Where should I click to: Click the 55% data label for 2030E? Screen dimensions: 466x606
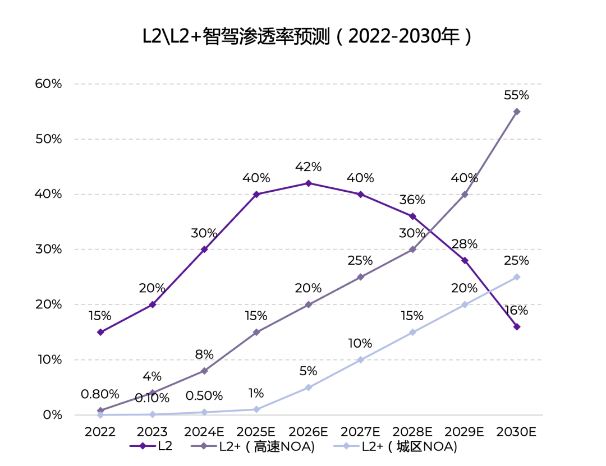click(516, 95)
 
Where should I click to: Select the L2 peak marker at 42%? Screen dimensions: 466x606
click(308, 183)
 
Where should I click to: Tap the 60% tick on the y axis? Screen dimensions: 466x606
click(48, 84)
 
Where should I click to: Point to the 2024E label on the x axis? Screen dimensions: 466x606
click(204, 432)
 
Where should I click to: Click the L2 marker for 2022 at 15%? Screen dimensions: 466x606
click(100, 332)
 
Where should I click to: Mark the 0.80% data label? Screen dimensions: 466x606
click(100, 394)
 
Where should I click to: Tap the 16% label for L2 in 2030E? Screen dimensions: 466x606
click(516, 311)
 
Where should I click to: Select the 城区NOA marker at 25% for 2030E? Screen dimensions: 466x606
click(517, 277)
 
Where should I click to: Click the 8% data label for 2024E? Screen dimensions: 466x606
click(204, 354)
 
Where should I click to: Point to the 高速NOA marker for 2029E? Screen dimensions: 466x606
click(465, 194)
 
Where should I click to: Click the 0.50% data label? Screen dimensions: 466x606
click(204, 396)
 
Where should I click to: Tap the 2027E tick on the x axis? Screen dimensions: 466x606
click(360, 432)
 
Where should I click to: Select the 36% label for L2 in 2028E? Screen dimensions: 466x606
click(412, 200)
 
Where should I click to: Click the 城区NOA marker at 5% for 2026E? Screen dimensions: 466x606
click(308, 387)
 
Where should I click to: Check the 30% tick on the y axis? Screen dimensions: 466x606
click(48, 250)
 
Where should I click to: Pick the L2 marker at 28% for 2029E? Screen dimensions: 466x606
click(465, 260)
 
